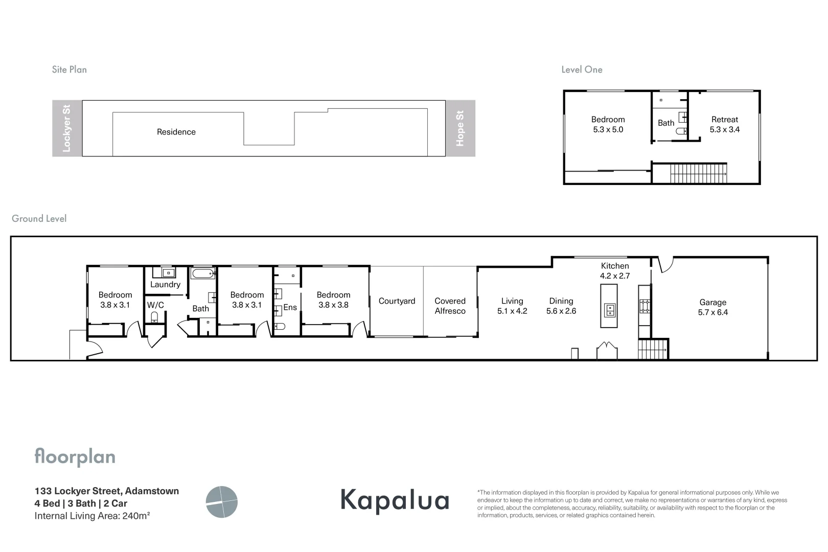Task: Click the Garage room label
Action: click(x=712, y=307)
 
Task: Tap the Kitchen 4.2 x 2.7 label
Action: click(x=614, y=270)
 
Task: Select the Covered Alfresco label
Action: click(x=450, y=306)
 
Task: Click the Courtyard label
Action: click(x=397, y=301)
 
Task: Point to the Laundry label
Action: click(x=165, y=284)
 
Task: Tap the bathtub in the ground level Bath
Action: click(x=203, y=274)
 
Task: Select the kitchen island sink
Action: click(x=609, y=310)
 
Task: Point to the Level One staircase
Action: click(x=698, y=173)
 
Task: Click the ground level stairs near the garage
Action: click(x=653, y=349)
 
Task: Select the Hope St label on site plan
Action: click(x=460, y=128)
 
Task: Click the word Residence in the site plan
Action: click(x=176, y=132)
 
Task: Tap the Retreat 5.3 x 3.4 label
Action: click(x=724, y=124)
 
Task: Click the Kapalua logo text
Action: click(x=395, y=500)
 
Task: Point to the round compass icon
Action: click(x=222, y=502)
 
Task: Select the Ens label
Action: click(x=290, y=307)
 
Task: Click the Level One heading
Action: click(x=582, y=70)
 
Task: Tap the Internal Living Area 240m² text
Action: click(x=92, y=516)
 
